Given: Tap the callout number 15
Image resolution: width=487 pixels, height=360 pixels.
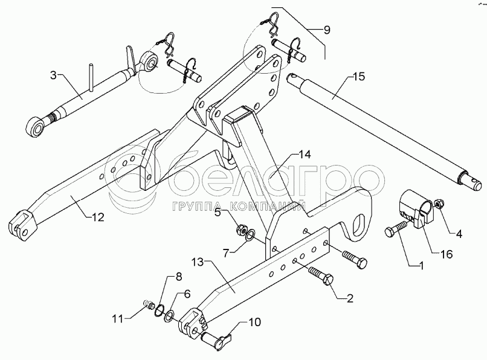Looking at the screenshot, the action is [x=358, y=77].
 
